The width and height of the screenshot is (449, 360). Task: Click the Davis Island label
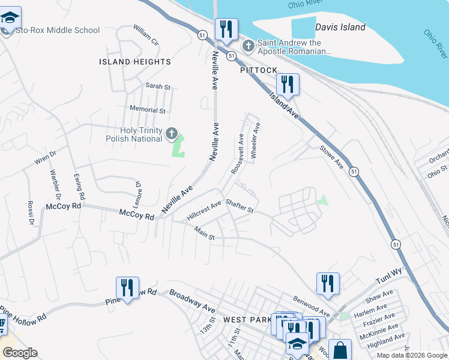[340, 27]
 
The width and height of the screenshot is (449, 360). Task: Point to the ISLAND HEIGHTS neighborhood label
[135, 62]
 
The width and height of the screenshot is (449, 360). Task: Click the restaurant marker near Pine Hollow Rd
[127, 287]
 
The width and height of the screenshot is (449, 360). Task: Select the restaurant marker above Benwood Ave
[328, 283]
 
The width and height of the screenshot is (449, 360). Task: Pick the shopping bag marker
[340, 350]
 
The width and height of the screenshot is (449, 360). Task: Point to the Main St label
[204, 233]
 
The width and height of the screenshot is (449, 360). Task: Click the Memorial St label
[148, 110]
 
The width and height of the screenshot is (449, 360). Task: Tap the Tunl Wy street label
[388, 277]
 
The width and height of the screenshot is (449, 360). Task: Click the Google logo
[20, 353]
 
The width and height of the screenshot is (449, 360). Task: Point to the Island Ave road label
[283, 104]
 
